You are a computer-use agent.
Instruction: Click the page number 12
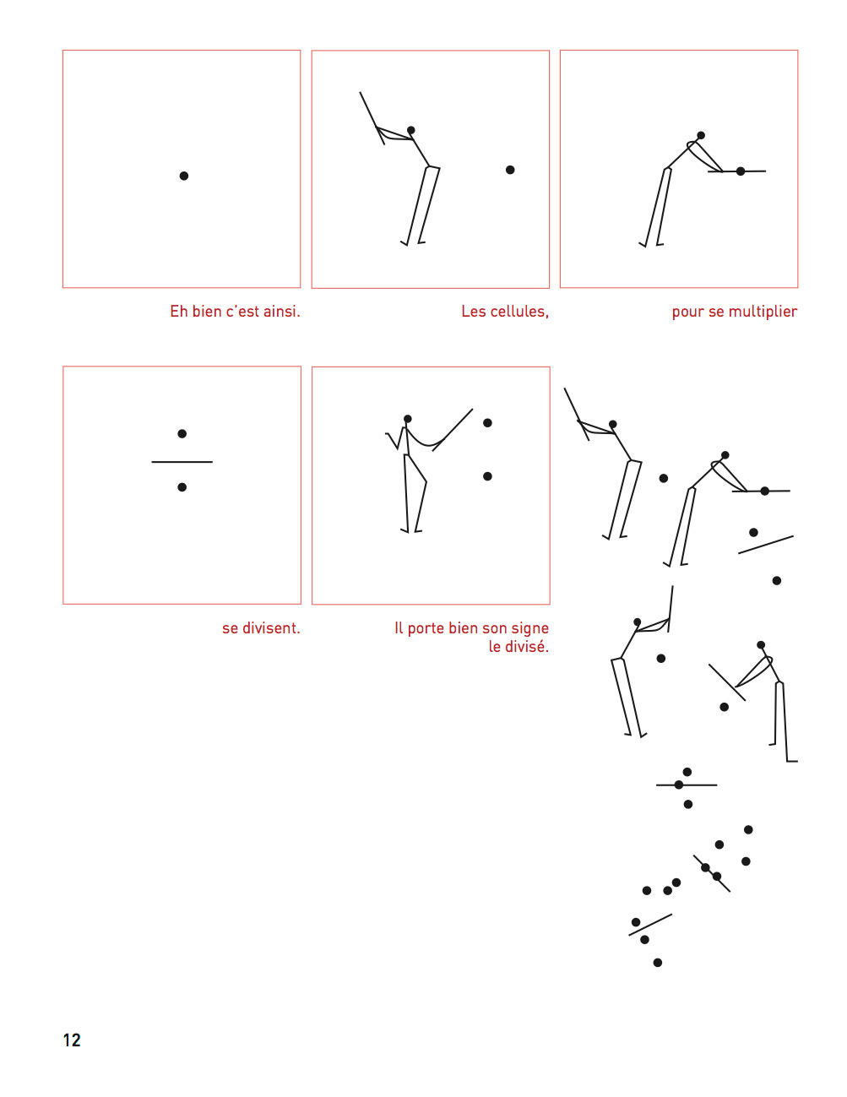pos(72,1040)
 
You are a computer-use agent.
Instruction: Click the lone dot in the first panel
pos(184,176)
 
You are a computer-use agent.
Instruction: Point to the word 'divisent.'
pos(271,628)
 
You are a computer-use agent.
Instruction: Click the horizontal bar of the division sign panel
pos(182,462)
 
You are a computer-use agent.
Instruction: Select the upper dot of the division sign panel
pos(182,434)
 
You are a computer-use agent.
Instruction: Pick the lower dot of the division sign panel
pos(182,487)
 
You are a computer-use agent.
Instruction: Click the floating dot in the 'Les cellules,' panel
pos(510,170)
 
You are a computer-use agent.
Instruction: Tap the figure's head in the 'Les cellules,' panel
pos(411,130)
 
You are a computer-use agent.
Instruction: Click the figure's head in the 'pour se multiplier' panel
pos(701,135)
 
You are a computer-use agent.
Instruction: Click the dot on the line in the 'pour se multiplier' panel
pos(741,171)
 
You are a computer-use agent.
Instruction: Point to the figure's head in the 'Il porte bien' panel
pos(408,419)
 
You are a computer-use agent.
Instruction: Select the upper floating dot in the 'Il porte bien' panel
pos(487,423)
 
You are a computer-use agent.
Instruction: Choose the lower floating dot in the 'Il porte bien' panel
pos(487,476)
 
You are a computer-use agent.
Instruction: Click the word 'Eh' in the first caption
pos(179,312)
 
